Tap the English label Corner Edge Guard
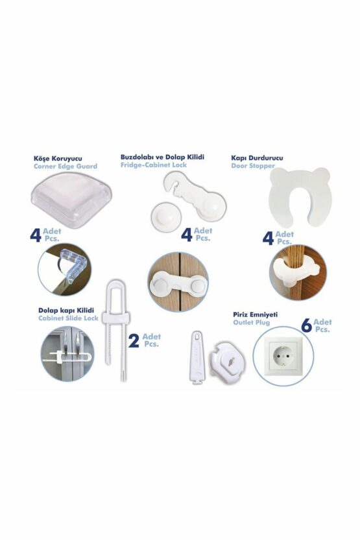pyautogui.click(x=65, y=167)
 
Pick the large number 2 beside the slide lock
pyautogui.click(x=134, y=341)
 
